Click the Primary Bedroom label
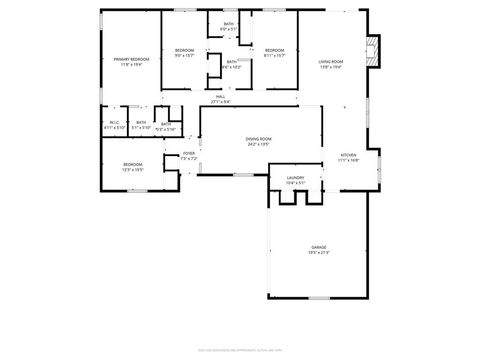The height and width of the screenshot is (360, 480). click(130, 59)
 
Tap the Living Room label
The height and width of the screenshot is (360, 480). click(331, 62)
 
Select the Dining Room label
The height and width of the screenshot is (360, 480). click(258, 139)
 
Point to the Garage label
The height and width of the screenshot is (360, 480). click(318, 246)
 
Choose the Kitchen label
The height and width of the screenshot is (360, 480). click(348, 155)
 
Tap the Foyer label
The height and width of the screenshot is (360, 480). click(188, 153)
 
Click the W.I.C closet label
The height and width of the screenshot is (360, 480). click(113, 123)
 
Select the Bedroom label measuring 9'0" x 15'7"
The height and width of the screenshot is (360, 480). click(184, 50)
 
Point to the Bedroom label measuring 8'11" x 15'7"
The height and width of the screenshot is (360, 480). click(274, 50)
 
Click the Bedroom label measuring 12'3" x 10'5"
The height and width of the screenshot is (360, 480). click(133, 164)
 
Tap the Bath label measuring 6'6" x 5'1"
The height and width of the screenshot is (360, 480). click(229, 24)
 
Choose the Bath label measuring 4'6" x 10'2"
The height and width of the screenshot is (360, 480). click(231, 62)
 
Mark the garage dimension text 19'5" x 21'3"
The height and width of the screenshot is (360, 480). click(318, 252)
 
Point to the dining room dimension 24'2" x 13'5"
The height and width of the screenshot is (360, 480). click(258, 145)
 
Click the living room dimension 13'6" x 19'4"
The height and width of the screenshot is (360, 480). click(331, 68)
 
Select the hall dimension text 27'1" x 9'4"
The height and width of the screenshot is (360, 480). click(220, 102)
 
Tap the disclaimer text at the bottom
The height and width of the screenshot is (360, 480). click(240, 349)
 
